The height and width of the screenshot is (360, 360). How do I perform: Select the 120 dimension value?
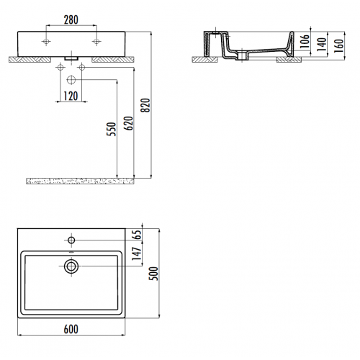71,95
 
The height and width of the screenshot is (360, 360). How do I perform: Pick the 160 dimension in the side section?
338,45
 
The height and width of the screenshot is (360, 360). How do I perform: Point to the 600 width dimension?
70,329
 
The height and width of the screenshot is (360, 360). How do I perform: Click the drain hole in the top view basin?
71,266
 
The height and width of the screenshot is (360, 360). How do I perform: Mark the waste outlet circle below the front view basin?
71,79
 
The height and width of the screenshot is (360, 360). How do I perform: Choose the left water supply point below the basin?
60,68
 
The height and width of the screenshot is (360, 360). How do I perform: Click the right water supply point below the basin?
81,68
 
